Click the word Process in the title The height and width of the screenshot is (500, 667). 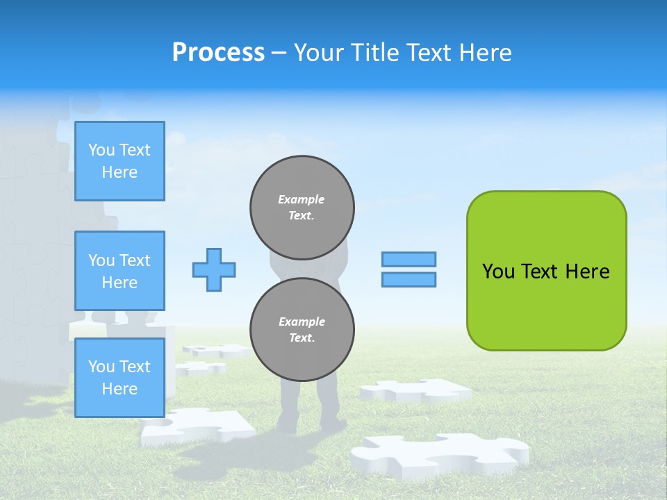click(x=218, y=53)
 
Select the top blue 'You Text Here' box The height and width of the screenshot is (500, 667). click(x=120, y=161)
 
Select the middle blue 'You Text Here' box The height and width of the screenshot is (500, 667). click(x=120, y=271)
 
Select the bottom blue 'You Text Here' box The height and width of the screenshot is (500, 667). click(x=120, y=377)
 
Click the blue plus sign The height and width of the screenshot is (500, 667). click(x=214, y=269)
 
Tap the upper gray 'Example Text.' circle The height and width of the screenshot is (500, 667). click(x=302, y=208)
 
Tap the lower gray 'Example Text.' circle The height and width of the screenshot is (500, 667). click(x=302, y=330)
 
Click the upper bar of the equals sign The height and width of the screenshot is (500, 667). click(x=409, y=259)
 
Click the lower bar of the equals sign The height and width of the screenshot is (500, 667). click(x=409, y=279)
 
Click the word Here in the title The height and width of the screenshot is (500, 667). click(x=484, y=53)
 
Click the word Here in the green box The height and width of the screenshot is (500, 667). click(x=587, y=272)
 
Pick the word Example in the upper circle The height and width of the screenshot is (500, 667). click(x=302, y=199)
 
